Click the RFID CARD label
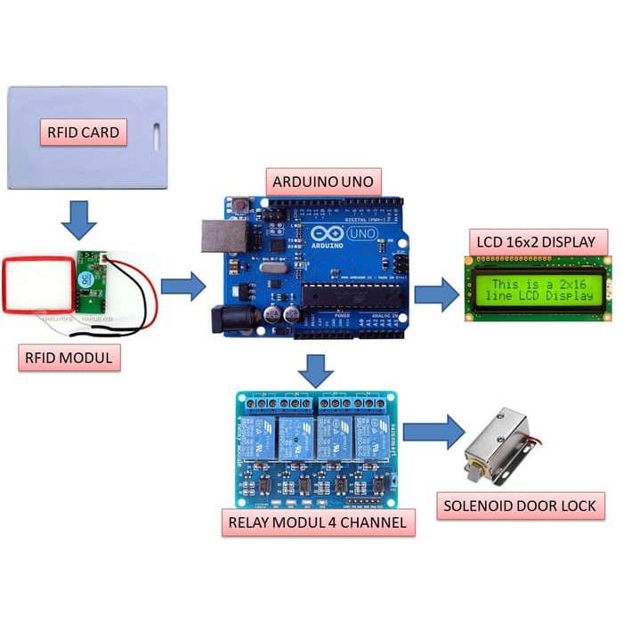(82, 133)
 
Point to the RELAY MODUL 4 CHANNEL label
(318, 522)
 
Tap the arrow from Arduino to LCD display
(437, 293)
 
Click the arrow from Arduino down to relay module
(315, 368)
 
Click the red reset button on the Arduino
(242, 206)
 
